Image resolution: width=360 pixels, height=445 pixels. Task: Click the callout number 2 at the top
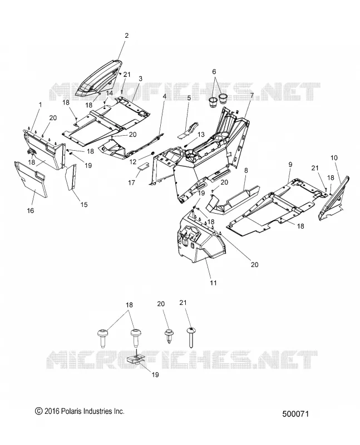coord(127,36)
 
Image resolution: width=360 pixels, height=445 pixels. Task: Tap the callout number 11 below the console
coord(213,283)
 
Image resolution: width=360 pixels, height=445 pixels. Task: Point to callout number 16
coord(31,210)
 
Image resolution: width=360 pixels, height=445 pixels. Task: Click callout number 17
coord(131,182)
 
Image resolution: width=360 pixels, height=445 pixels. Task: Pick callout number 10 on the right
coord(334,158)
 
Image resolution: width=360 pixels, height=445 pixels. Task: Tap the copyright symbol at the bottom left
coord(38,411)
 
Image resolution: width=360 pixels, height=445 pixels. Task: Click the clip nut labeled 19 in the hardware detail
coord(135,360)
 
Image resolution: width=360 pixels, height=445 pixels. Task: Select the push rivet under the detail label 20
coord(169,336)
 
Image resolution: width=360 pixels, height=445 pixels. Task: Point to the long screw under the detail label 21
coord(191,337)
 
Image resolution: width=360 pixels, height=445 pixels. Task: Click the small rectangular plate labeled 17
coord(144,165)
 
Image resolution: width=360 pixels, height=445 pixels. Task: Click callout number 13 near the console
coord(201,134)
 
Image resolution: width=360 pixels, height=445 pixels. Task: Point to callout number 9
coord(290,164)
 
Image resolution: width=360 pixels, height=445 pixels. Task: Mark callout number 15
coord(84,204)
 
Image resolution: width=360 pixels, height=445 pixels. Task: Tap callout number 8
coord(246,170)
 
